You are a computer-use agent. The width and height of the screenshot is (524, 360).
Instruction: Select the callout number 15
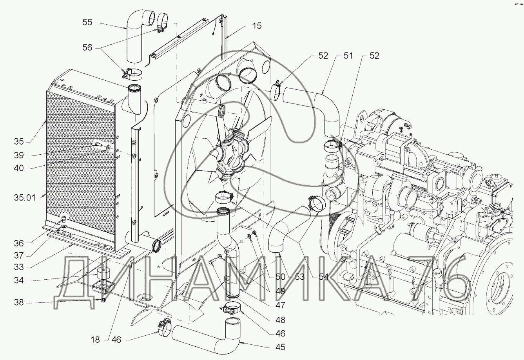click(x=257, y=26)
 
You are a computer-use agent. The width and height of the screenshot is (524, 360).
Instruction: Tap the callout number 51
click(x=348, y=56)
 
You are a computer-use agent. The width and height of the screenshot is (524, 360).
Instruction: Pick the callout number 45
click(x=280, y=347)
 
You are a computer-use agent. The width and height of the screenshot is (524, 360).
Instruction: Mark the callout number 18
click(x=96, y=340)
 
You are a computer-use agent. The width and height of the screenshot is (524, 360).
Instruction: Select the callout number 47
click(x=280, y=306)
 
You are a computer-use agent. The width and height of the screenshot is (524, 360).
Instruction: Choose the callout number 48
click(x=280, y=320)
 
